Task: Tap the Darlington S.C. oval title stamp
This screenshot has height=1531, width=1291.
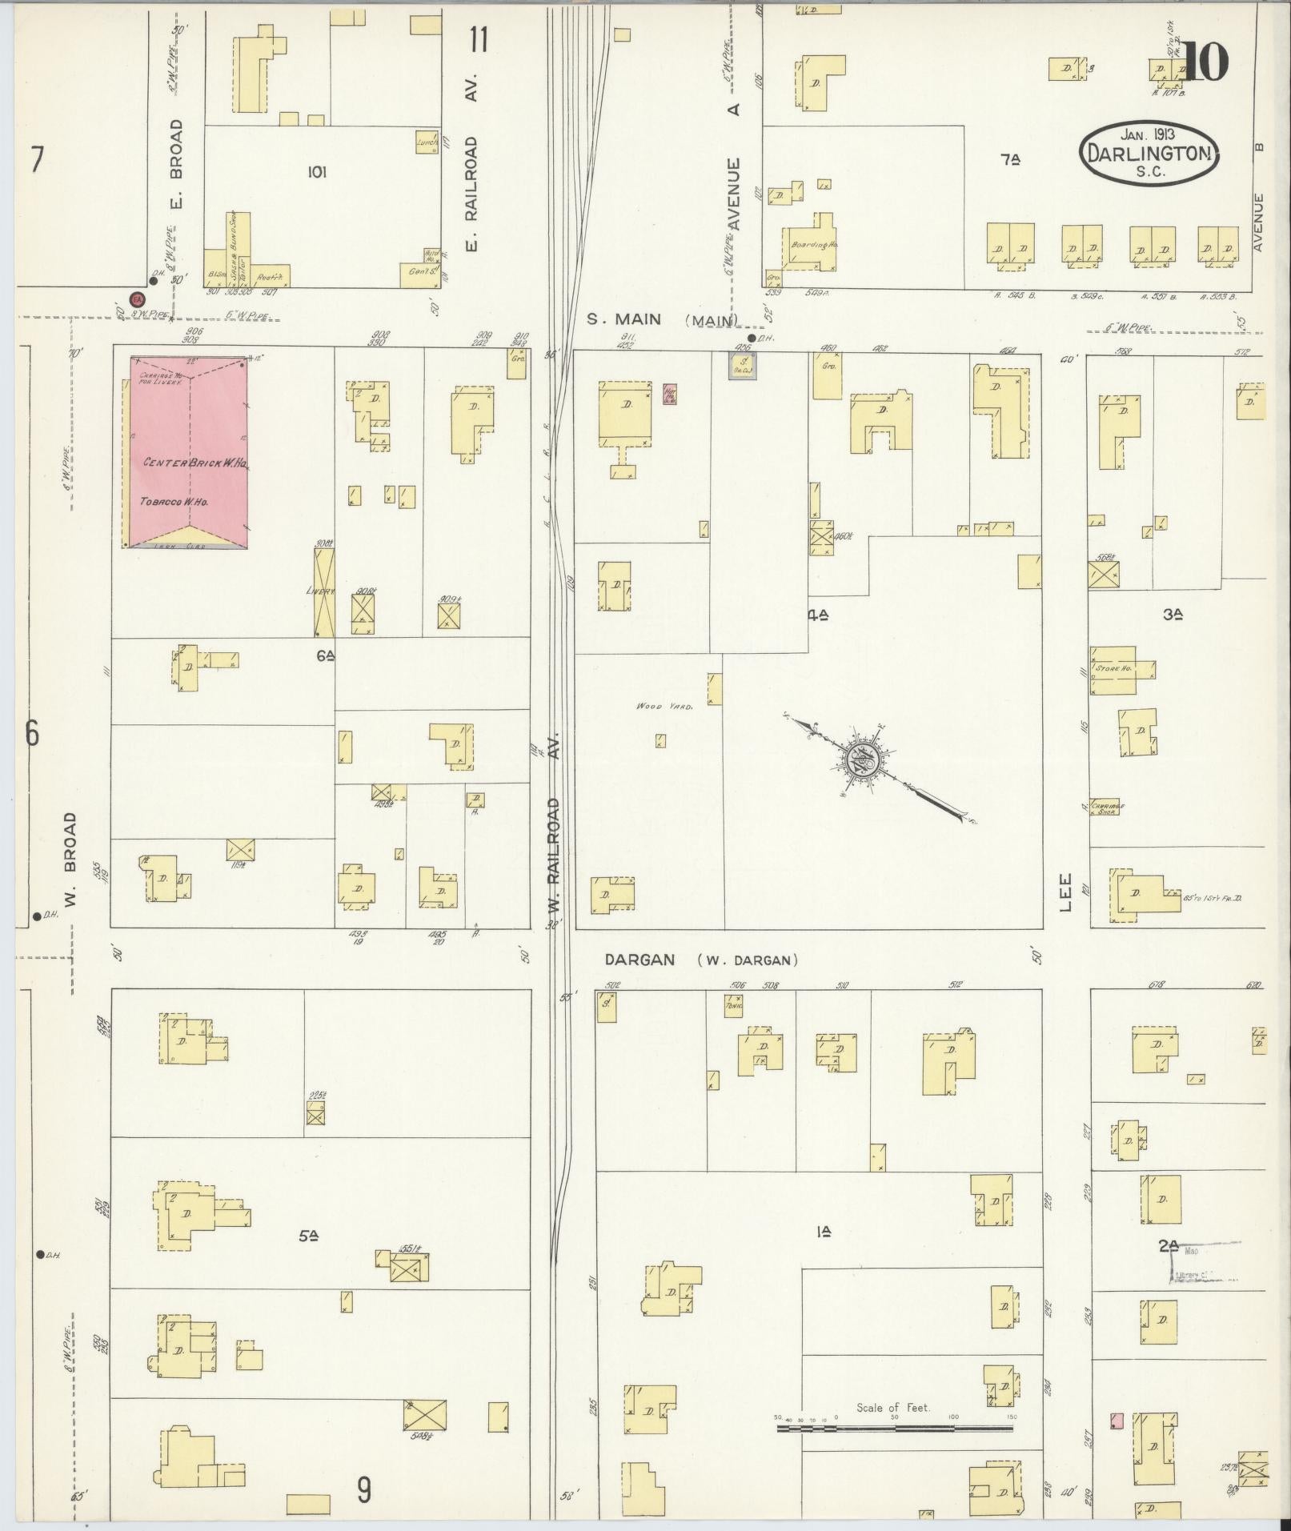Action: (x=1149, y=154)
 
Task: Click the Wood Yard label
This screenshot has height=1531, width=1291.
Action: (x=664, y=706)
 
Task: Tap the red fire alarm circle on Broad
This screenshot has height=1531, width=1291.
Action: (x=137, y=299)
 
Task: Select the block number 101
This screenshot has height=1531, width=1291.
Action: (x=317, y=171)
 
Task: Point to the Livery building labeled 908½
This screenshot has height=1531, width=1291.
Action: (x=324, y=592)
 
